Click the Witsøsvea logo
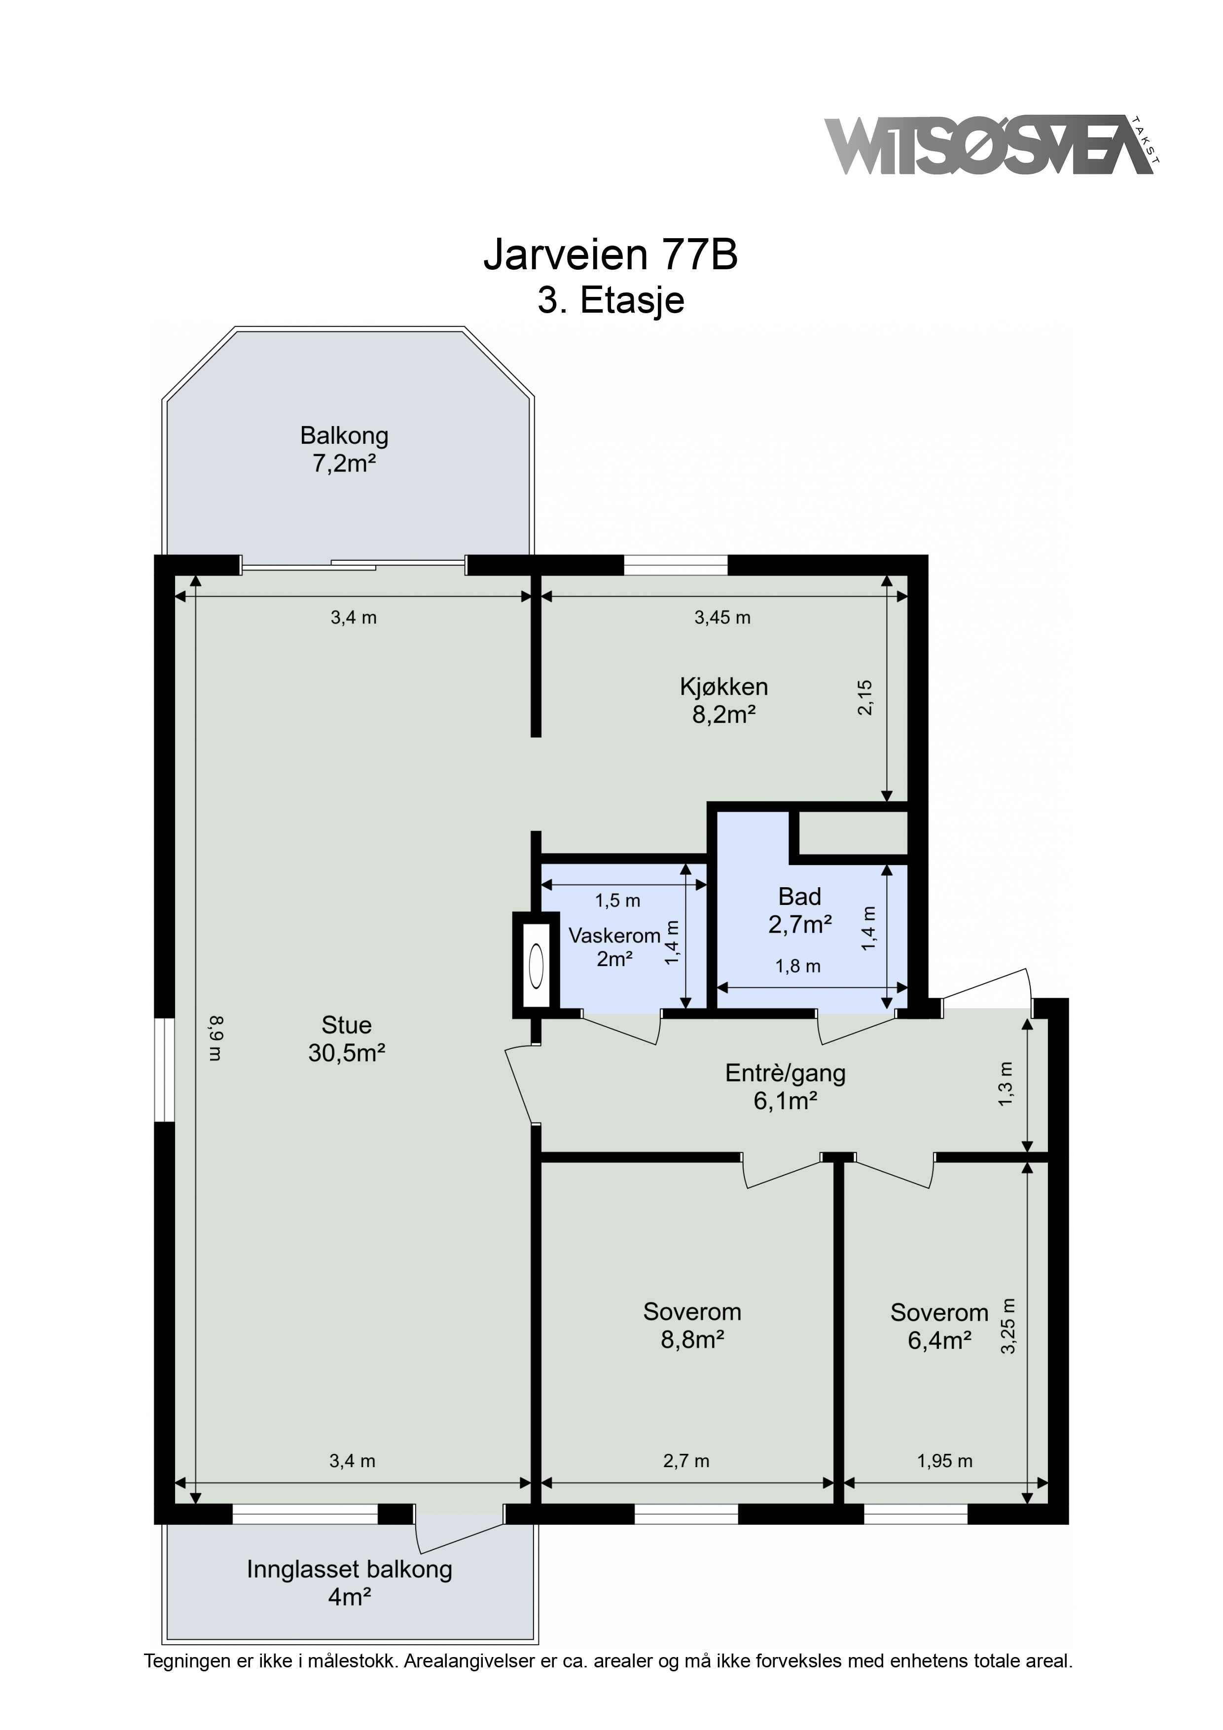[992, 145]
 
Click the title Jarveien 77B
[611, 255]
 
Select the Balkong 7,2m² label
[344, 449]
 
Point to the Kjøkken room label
[723, 700]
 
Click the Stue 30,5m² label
[347, 1038]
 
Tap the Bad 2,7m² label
[799, 910]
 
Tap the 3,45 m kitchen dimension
[722, 618]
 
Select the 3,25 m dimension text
[1008, 1326]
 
